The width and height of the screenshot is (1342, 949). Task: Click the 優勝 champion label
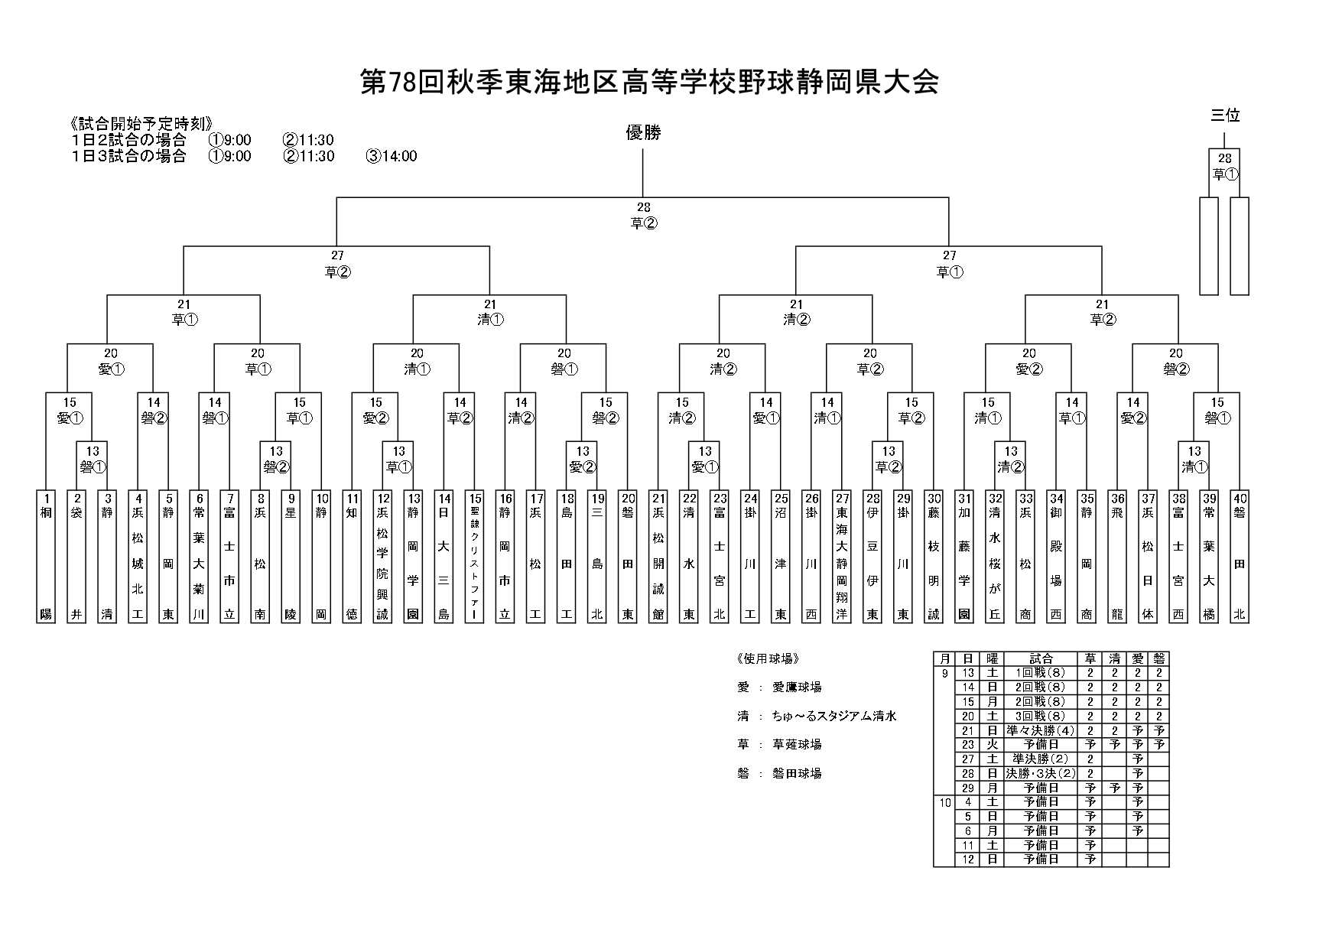[x=643, y=133]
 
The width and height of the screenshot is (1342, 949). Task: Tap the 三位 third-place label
[x=1225, y=115]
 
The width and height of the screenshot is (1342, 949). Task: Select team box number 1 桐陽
[x=46, y=555]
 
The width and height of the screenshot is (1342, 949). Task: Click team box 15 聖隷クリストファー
[x=475, y=555]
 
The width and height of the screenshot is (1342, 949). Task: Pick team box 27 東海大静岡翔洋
[x=842, y=555]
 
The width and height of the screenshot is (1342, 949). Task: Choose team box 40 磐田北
[x=1240, y=555]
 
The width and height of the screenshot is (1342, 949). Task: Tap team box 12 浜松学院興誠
[x=383, y=555]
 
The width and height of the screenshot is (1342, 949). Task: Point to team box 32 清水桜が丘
[x=995, y=555]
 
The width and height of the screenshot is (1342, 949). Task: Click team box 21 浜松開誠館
[x=658, y=555]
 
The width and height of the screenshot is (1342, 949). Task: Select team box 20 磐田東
[x=628, y=555]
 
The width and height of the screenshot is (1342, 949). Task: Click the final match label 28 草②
[x=643, y=216]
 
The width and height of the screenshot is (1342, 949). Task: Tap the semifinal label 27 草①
[x=949, y=264]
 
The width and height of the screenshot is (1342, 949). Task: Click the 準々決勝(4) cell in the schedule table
[x=1041, y=730]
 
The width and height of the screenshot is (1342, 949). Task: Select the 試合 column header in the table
[x=1041, y=658]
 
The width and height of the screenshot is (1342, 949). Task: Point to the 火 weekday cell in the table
[x=992, y=745]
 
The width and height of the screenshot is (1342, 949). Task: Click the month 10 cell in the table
[x=944, y=802]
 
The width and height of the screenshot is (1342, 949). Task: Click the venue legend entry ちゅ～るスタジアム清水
[x=834, y=717]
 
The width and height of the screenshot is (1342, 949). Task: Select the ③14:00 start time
[x=392, y=157]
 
